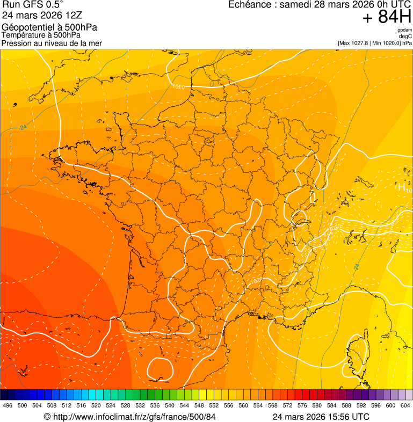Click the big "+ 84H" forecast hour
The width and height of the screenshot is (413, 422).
point(387,18)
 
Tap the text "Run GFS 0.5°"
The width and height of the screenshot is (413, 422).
point(32,5)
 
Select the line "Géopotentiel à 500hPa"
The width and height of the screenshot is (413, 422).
point(49,27)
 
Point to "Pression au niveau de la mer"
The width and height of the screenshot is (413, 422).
point(52,43)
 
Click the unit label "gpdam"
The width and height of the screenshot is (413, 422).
point(404,30)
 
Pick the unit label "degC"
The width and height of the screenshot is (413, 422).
point(406,37)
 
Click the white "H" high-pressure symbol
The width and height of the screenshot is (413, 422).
point(401,187)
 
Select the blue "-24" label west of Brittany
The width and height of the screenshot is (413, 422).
point(22,127)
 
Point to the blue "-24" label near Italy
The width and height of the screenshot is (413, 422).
point(356,266)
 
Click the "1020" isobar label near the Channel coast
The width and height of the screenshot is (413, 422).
point(179,86)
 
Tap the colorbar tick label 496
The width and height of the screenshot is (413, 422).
point(8,405)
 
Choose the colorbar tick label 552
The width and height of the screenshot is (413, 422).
point(214,405)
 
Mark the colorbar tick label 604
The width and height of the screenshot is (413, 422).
point(405,405)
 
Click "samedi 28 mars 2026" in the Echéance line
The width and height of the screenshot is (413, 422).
point(321,5)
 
